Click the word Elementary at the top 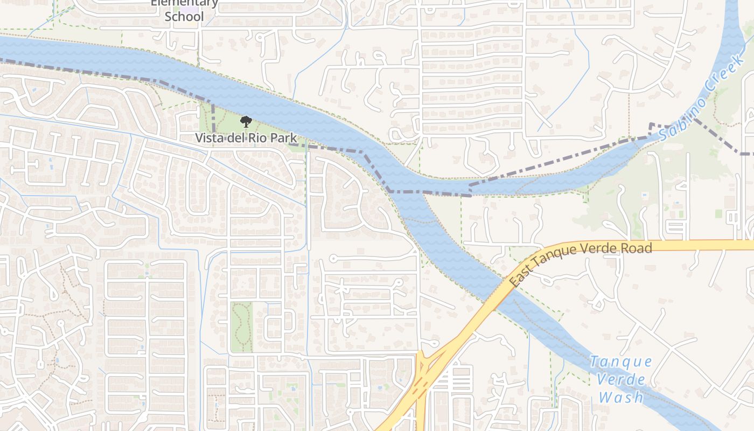tap(184, 3)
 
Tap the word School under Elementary tap(184, 17)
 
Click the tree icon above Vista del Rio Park tap(246, 122)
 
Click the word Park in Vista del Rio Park tap(284, 138)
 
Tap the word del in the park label tap(235, 138)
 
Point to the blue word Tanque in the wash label tap(621, 362)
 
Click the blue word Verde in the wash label tap(622, 379)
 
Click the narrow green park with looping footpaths tap(241, 326)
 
